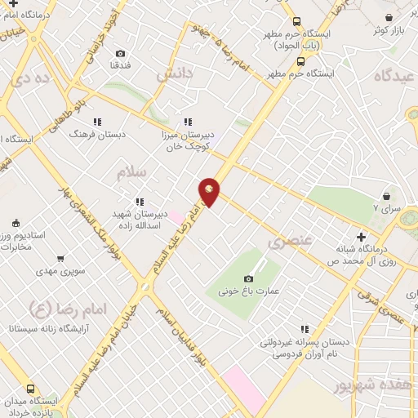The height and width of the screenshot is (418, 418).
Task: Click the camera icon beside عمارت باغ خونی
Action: coord(248,278)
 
